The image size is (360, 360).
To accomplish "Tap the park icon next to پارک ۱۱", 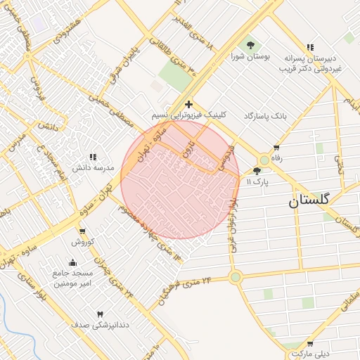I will tap(257, 171).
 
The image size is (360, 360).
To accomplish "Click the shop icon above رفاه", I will tap(276, 148).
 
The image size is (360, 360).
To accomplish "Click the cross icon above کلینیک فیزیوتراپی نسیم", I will tap(188, 104).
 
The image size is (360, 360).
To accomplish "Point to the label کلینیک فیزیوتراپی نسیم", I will tap(189, 115).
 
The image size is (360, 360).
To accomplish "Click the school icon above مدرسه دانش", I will tap(92, 157).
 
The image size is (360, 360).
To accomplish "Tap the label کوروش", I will tap(82, 242).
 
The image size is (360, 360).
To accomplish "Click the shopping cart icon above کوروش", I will tap(82, 231).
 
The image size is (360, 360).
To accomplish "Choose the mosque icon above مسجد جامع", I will tap(73, 263).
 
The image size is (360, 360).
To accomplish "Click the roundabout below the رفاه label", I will tap(264, 160).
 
